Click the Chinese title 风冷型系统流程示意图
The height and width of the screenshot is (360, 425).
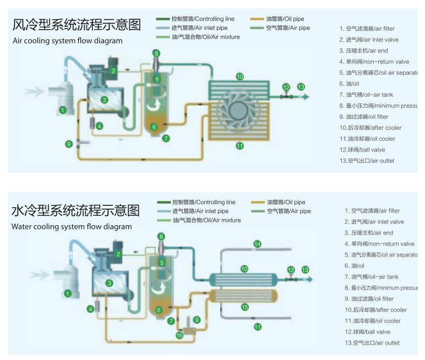(77, 25)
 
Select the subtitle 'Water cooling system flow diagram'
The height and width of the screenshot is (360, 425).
(72, 226)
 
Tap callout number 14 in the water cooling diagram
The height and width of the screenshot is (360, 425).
(257, 244)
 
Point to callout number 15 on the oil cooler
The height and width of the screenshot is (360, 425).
(245, 307)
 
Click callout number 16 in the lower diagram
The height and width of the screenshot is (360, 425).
(179, 335)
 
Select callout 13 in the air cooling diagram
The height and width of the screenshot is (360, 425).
(301, 87)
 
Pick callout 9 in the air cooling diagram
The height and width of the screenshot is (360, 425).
(69, 144)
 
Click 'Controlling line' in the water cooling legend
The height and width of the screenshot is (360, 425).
(203, 202)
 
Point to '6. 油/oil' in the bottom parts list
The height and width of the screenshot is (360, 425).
(355, 266)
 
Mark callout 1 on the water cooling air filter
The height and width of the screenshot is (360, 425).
(68, 293)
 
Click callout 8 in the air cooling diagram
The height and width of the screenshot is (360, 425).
(157, 53)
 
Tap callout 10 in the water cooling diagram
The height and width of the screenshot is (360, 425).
(244, 269)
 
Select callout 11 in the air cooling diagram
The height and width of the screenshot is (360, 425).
(239, 145)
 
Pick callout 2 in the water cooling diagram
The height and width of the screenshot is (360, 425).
(118, 254)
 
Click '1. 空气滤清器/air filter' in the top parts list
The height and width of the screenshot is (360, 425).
(370, 29)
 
